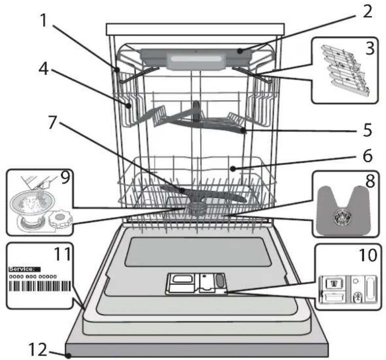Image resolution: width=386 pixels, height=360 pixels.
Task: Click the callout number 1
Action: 43,20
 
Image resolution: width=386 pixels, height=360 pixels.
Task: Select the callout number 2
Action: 367,11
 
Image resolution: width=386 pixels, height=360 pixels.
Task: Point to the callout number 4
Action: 43,69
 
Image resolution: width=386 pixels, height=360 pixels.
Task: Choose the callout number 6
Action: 368,155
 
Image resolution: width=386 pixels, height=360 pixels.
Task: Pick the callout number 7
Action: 52,122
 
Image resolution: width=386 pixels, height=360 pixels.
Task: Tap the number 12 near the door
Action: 38,349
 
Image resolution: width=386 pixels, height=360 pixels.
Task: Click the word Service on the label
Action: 21,269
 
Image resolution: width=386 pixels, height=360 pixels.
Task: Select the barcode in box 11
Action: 40,286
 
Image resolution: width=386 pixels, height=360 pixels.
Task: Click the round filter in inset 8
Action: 341,217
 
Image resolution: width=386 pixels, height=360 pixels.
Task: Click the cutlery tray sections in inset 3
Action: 345,70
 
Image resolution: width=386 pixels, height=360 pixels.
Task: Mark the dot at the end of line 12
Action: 69,356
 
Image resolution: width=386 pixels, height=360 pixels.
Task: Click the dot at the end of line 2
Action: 240,51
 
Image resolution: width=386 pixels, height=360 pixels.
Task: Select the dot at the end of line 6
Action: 233,169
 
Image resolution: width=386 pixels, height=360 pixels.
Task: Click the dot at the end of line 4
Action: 129,106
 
